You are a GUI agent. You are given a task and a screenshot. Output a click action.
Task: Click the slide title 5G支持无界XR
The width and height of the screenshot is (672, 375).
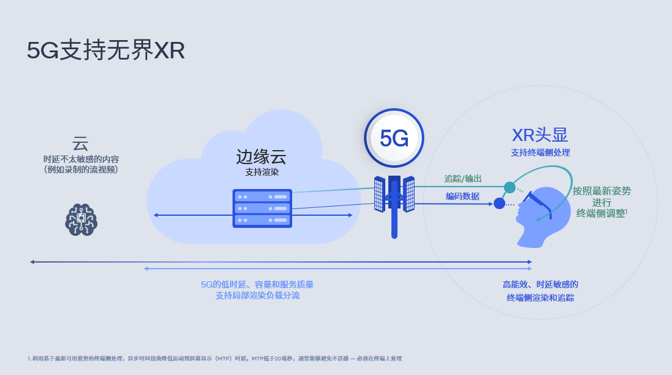(106, 50)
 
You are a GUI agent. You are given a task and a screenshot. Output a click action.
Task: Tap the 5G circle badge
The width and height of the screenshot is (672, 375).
(394, 138)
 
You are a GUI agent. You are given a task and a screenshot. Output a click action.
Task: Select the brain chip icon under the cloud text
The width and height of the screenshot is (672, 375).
(81, 219)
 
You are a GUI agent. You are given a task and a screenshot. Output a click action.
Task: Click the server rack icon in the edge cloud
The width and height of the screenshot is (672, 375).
(262, 208)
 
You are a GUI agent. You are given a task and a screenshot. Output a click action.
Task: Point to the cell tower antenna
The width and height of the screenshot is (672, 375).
(394, 206)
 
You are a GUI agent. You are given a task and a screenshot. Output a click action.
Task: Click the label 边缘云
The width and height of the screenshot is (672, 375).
(261, 157)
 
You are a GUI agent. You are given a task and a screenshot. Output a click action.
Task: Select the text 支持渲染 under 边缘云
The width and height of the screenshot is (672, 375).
(262, 172)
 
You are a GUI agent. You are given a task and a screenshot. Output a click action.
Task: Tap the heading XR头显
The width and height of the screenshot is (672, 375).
(540, 136)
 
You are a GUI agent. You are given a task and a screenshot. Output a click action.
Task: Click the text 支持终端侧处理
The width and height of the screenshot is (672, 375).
(541, 153)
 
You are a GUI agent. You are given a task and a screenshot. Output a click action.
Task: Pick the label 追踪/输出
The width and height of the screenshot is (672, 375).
(463, 179)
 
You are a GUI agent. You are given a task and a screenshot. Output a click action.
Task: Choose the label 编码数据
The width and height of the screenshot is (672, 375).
(463, 196)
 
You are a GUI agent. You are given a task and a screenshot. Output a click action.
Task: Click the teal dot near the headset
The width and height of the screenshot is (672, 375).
(509, 187)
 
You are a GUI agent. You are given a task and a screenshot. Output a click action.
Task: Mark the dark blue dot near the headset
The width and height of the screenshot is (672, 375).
(499, 204)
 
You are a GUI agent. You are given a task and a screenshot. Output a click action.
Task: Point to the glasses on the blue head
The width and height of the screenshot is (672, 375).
(536, 203)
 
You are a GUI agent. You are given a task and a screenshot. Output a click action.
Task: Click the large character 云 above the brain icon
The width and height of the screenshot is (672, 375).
(80, 143)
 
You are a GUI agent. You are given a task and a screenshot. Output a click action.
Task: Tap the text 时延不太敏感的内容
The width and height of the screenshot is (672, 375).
(81, 159)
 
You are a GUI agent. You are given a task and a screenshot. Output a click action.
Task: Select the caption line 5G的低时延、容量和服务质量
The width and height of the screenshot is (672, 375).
(257, 284)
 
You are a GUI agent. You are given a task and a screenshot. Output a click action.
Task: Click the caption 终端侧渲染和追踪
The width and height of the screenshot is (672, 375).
(541, 298)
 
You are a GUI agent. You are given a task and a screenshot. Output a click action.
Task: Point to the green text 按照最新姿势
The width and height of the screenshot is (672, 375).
(602, 191)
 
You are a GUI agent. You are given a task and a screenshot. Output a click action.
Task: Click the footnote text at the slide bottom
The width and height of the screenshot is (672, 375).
(215, 359)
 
